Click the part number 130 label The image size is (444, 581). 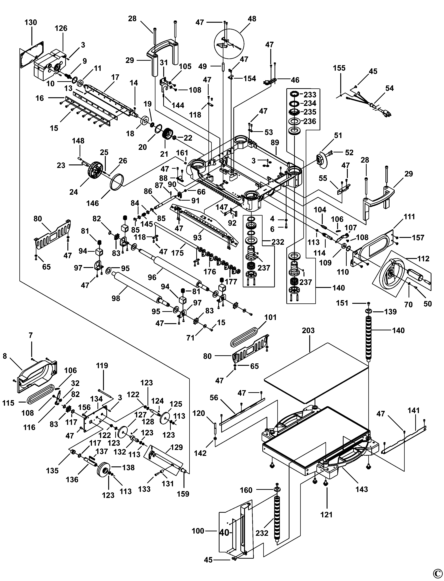31,23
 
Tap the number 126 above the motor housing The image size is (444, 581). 61,28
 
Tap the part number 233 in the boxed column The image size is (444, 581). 310,94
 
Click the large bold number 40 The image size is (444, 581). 224,533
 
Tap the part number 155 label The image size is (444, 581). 339,68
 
